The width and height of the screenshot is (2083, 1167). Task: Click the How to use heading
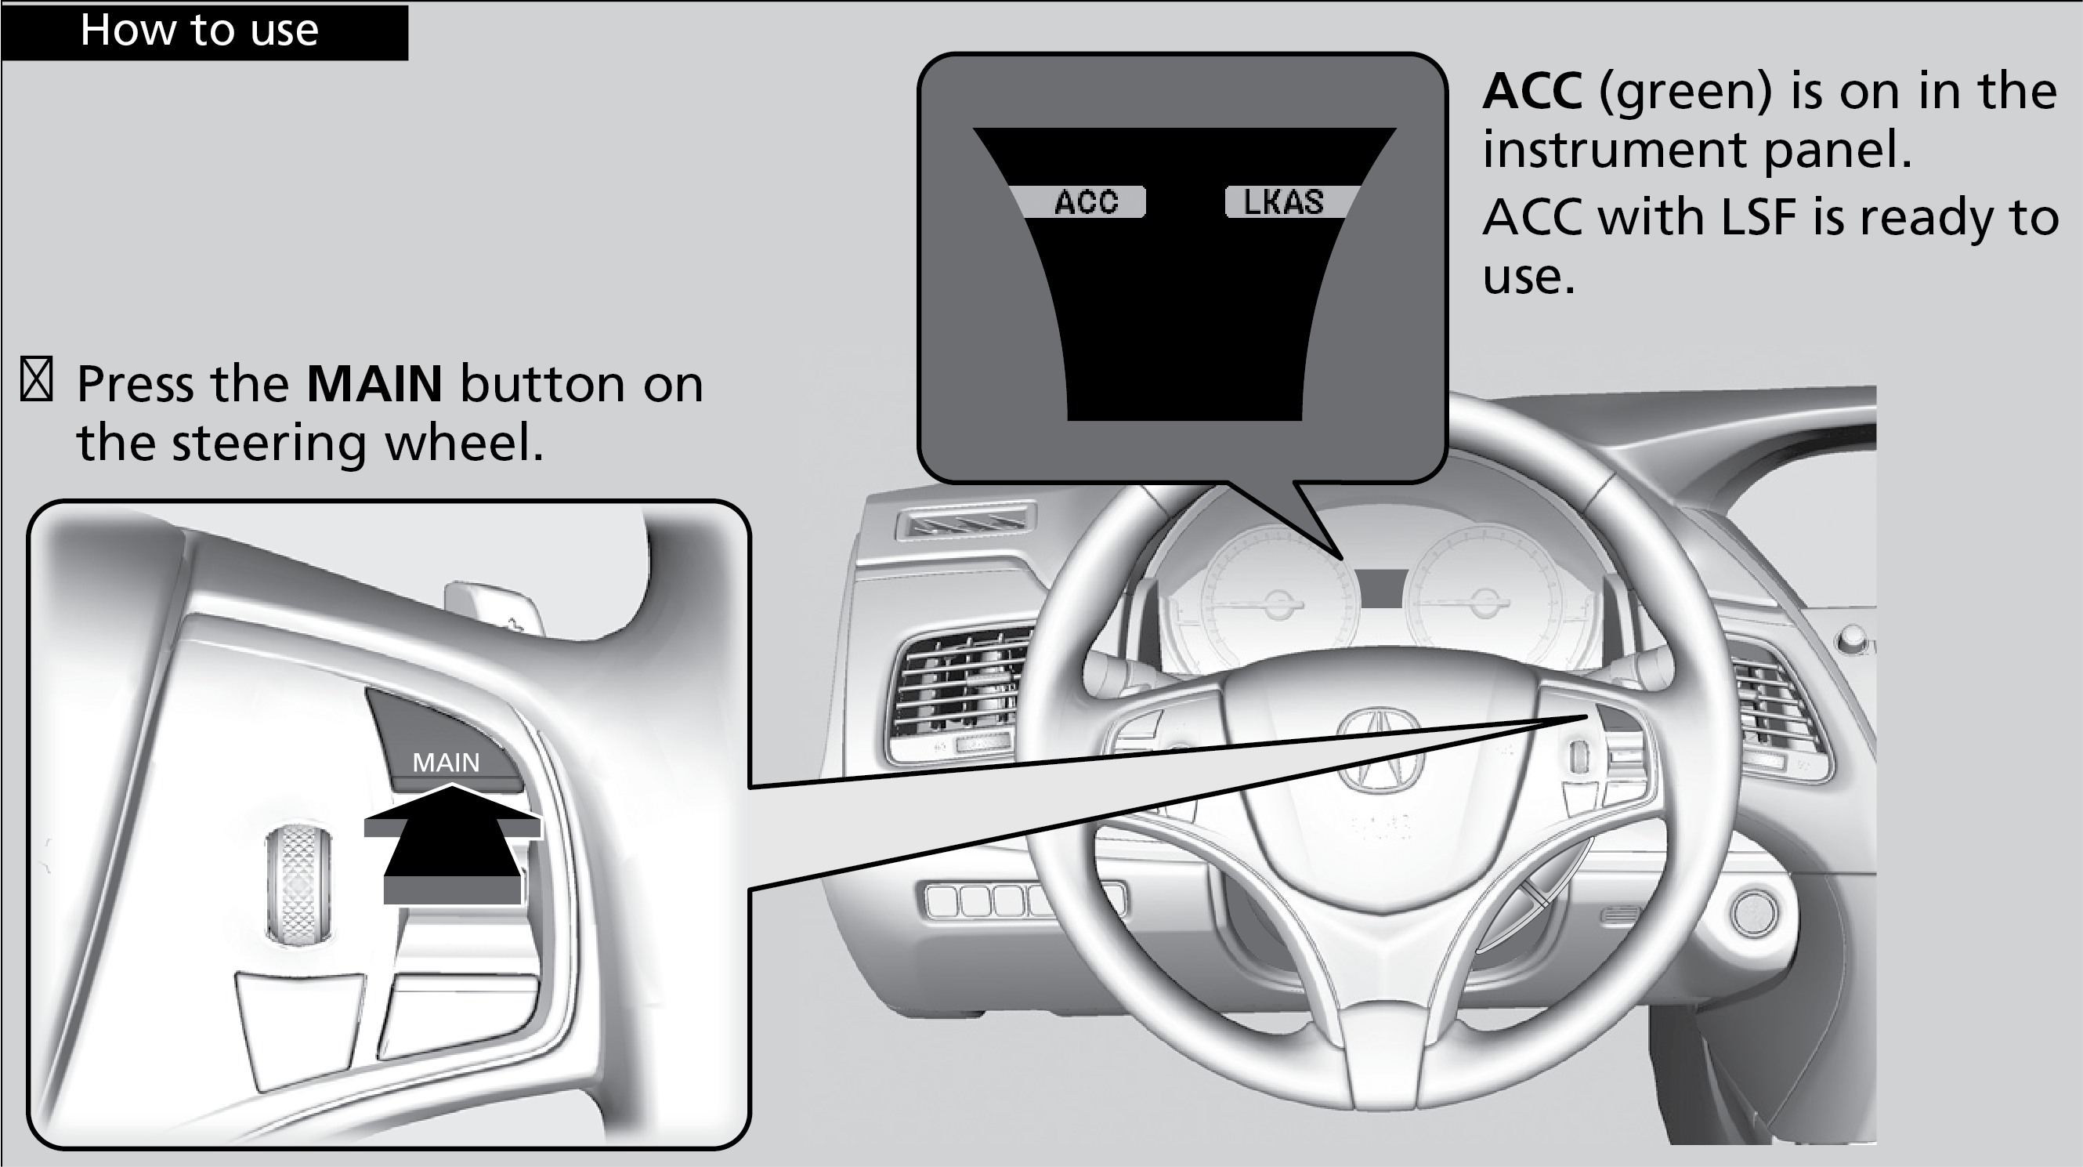click(x=199, y=31)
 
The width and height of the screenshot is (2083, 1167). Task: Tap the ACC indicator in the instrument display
click(x=1085, y=202)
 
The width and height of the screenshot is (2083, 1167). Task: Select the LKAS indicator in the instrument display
click(x=1283, y=202)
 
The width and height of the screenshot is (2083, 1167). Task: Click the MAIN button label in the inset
click(x=446, y=763)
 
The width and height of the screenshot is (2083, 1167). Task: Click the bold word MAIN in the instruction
click(x=374, y=383)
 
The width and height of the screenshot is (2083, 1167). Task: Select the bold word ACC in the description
click(x=1532, y=91)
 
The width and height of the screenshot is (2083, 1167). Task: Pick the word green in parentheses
click(x=1685, y=91)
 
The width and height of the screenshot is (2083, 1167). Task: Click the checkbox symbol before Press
click(x=36, y=379)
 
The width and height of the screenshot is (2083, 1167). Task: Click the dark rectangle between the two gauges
click(x=1382, y=589)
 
